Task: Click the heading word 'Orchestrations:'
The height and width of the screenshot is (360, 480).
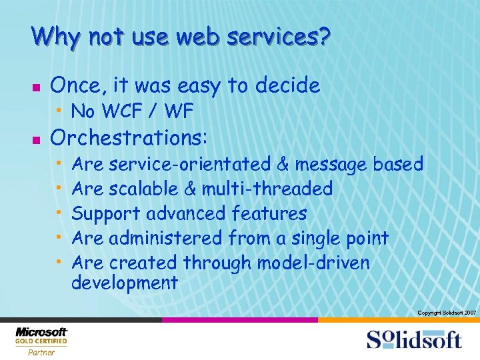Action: coord(129,138)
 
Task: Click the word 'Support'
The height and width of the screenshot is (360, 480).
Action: coord(106,213)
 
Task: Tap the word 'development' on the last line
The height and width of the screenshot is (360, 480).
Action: coord(125,283)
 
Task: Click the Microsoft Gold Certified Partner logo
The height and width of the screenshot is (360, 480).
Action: coord(41,341)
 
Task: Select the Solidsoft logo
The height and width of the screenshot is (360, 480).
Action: coord(413,339)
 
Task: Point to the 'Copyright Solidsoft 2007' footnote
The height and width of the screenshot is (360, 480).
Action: coord(446,313)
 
